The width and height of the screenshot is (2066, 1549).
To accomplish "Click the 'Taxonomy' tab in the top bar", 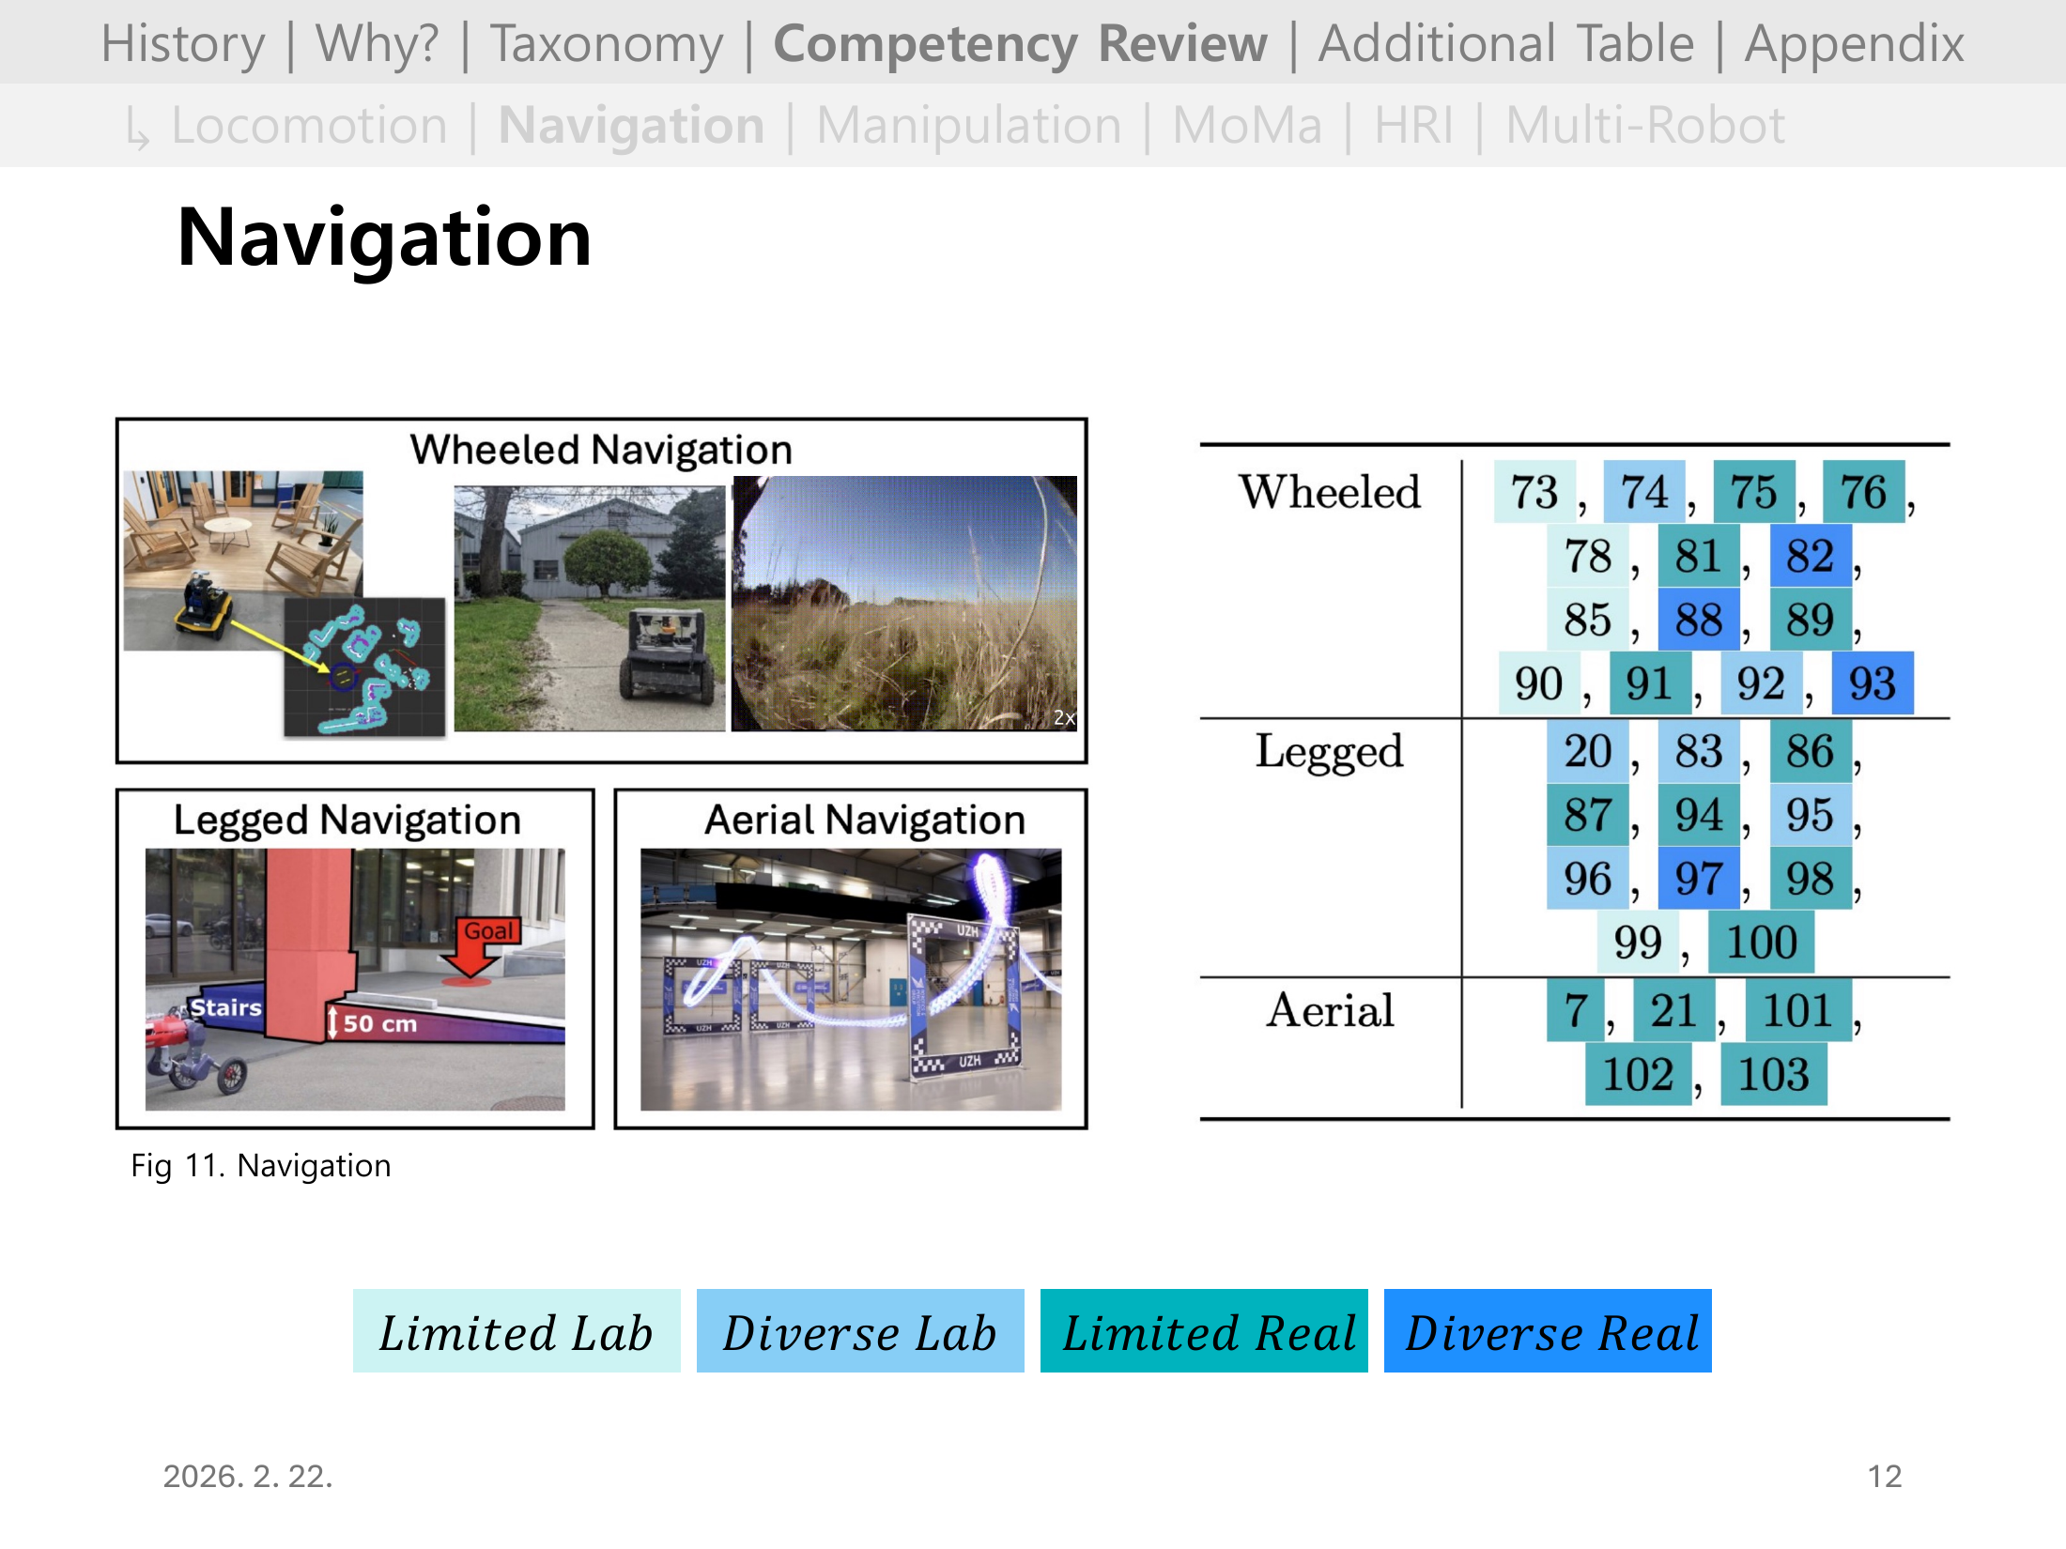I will click(607, 44).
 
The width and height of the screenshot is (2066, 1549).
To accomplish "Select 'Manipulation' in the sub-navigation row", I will click(968, 126).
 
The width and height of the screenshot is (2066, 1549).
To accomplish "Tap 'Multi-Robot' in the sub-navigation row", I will click(1644, 126).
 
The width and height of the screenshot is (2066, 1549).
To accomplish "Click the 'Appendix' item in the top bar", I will click(1854, 44).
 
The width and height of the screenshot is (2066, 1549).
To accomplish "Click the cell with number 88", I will click(1698, 620).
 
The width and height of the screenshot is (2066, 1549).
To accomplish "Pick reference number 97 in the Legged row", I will click(1698, 879).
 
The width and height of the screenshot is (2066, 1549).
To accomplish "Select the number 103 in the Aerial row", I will click(1773, 1074).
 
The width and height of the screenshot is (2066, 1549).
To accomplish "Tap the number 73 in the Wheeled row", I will click(1534, 492).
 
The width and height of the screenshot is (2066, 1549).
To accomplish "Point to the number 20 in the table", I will click(1587, 751).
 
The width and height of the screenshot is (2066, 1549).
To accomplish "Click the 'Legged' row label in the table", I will click(1329, 751).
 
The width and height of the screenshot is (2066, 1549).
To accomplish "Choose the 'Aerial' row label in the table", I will click(1329, 1010).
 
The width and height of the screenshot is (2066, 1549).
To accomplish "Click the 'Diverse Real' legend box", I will click(1547, 1331).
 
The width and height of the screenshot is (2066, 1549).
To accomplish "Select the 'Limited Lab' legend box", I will click(516, 1331).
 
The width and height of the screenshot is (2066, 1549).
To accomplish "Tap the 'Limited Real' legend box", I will click(1204, 1331).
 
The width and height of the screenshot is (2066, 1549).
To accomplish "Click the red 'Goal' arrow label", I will click(488, 931).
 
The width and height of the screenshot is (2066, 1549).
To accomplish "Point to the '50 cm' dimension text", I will click(379, 1023).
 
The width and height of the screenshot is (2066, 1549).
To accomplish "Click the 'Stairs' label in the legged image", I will click(225, 1007).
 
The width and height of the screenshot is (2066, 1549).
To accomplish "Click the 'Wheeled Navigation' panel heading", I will click(601, 450).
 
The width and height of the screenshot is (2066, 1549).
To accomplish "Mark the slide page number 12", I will click(1884, 1476).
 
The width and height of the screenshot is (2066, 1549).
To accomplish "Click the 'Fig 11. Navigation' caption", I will click(261, 1165).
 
